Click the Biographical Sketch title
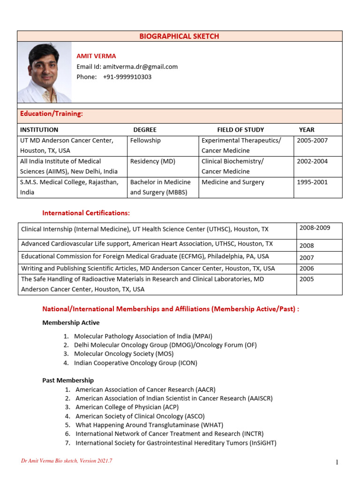pos(179,36)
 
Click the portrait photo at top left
pos(45,73)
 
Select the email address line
pos(127,67)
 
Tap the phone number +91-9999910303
pos(127,77)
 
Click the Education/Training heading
pos(51,114)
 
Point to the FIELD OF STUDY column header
pos(240,130)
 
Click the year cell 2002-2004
pos(312,161)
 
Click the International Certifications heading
pos(86,213)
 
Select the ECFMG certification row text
pos(145,256)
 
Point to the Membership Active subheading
pos(71,323)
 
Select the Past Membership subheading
pos(68,380)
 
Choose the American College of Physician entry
pos(127,407)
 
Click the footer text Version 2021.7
pos(67,461)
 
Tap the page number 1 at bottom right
pos(337,463)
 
